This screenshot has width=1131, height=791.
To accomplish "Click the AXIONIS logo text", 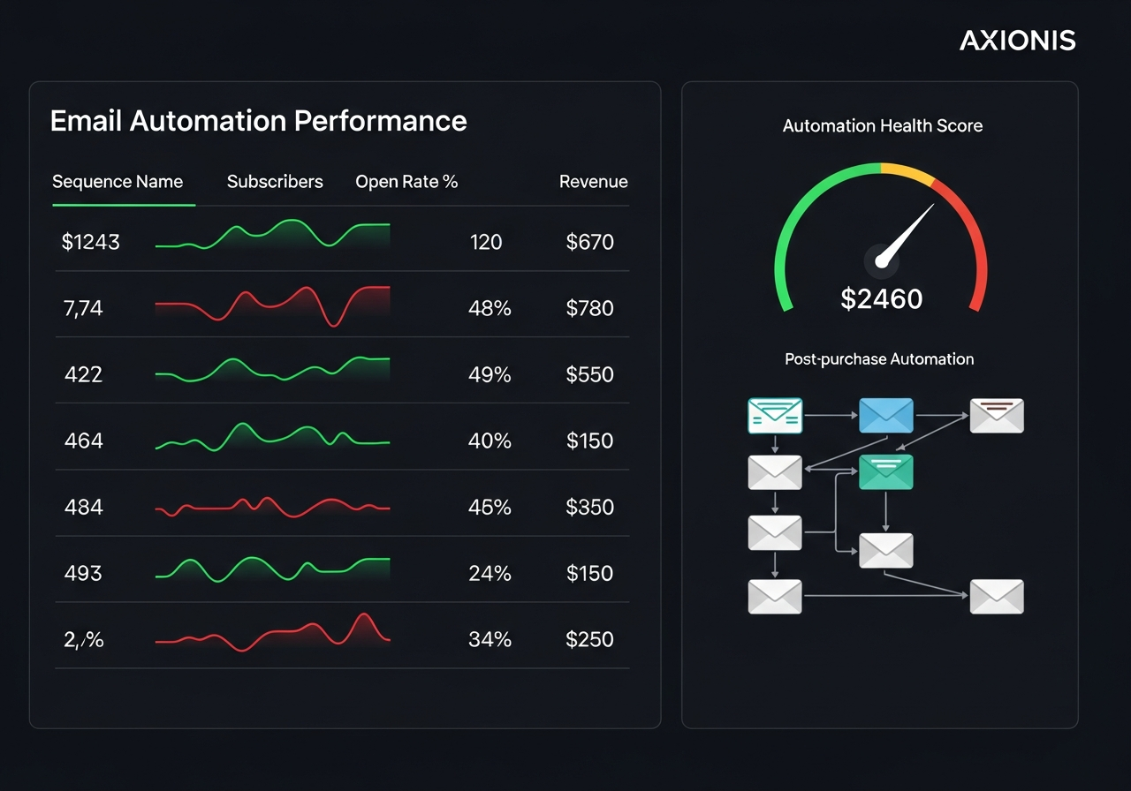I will coord(1017,41).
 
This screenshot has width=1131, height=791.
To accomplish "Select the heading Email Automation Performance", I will coord(258,121).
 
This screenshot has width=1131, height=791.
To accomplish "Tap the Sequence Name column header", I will coord(118,182).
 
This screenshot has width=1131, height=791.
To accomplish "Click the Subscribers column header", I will coord(275,182).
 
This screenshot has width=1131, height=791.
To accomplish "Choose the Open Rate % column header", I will coord(406,182).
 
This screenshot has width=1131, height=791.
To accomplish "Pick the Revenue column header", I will coord(593,182).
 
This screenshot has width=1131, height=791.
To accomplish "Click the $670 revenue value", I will coord(589,242).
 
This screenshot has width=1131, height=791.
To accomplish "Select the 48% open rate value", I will coord(490,308).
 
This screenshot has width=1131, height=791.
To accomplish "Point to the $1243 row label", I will coord(90,242).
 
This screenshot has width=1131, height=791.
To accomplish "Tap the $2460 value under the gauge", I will coord(881,299).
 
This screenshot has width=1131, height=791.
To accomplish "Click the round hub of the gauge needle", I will coord(881,260).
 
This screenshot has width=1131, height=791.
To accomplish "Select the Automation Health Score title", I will coord(882,126).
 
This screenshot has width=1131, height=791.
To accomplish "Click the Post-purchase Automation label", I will coord(879,359).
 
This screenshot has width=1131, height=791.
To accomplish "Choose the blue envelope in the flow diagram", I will coord(885,415).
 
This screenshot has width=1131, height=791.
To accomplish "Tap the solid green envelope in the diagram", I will coord(885,471).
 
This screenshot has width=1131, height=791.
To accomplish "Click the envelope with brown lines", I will coord(997,415).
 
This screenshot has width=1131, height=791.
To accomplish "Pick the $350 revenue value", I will coord(589,507).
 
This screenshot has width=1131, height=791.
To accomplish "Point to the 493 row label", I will coord(83,573).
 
